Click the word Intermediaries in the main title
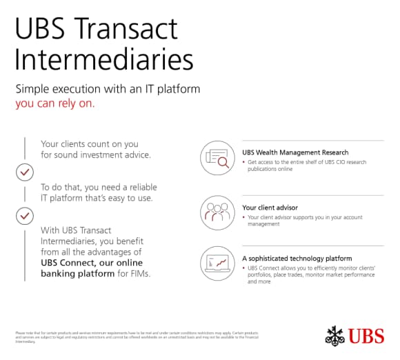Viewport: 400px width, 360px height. [104, 60]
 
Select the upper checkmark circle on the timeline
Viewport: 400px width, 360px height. [25, 171]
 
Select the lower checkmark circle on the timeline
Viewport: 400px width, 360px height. [25, 216]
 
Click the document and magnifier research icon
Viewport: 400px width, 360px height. [217, 158]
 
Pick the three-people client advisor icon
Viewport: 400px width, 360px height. [217, 211]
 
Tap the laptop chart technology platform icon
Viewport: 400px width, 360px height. [217, 263]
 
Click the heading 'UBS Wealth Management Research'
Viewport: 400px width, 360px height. [295, 152]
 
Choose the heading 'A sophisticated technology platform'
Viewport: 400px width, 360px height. [297, 258]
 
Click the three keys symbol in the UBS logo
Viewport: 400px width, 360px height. [334, 335]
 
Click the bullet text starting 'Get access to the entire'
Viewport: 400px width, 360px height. [307, 166]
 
